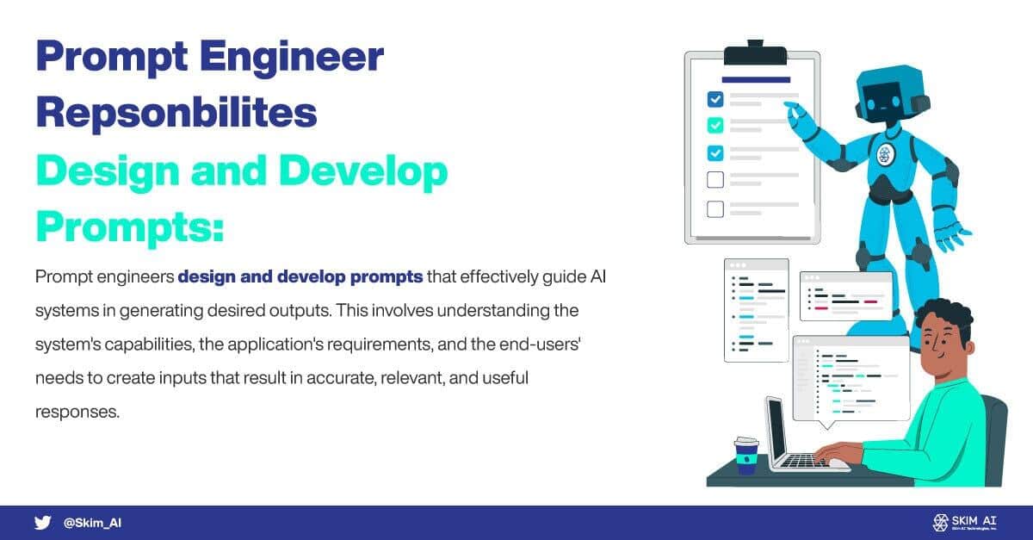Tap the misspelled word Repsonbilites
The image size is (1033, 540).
(x=176, y=115)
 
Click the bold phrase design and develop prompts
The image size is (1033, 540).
(x=300, y=277)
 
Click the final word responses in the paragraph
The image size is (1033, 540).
(x=76, y=411)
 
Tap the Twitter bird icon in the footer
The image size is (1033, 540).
(x=42, y=523)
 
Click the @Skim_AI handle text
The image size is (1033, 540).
(x=92, y=523)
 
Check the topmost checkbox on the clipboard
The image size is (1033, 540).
(x=714, y=98)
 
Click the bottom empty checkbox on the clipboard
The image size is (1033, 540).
(x=714, y=208)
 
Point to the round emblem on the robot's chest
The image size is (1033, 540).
(x=885, y=155)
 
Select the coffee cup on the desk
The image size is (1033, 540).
(x=746, y=455)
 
